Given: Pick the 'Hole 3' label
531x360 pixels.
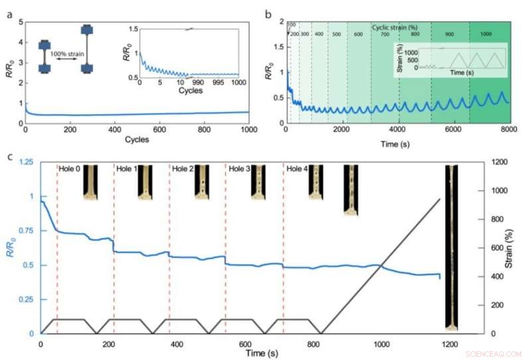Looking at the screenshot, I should point(240,169).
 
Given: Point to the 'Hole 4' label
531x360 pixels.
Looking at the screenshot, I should point(297,169).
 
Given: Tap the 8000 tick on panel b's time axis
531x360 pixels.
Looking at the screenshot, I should point(508,130).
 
